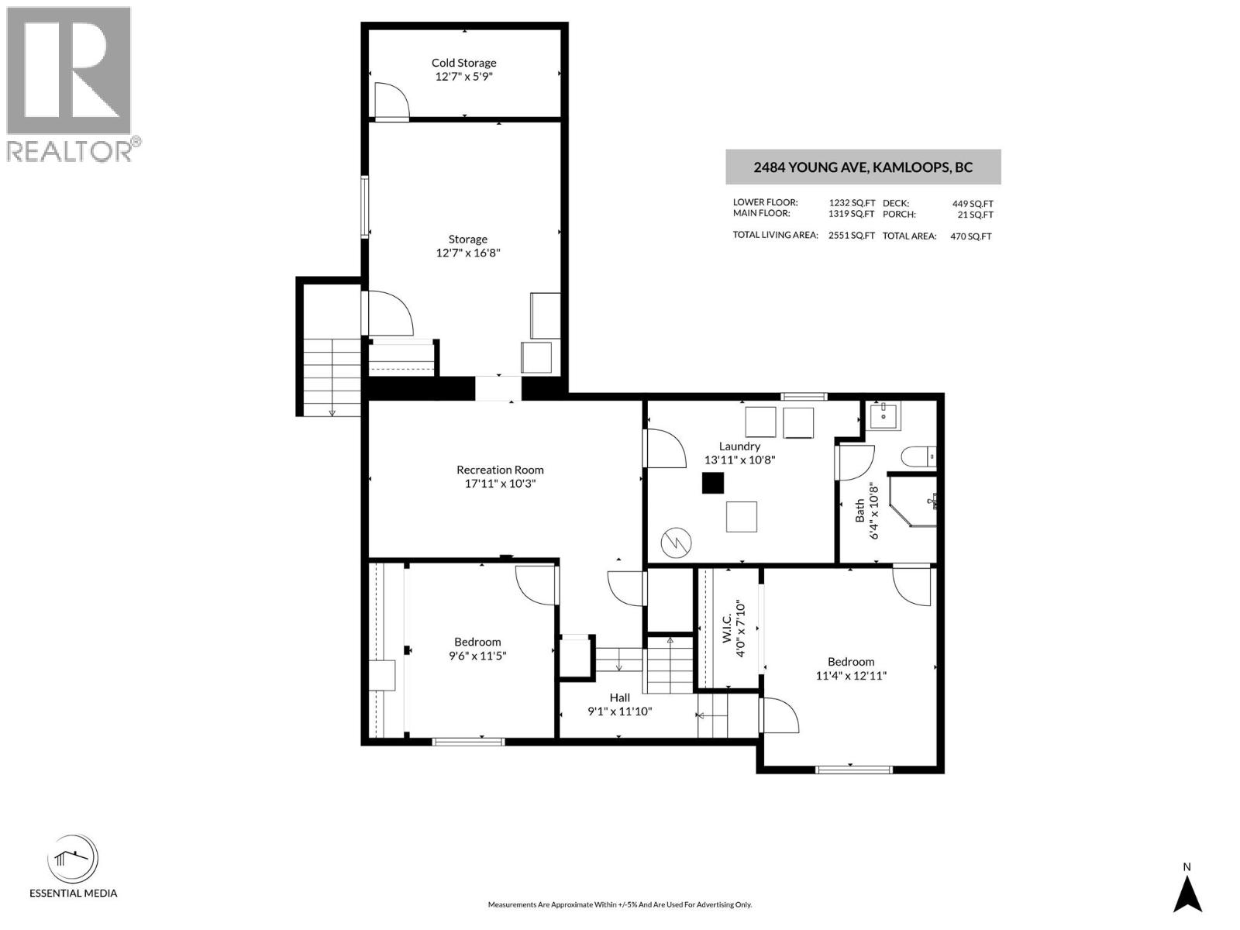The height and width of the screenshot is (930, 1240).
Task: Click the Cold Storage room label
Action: click(463, 63)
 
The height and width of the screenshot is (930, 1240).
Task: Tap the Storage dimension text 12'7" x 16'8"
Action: click(468, 253)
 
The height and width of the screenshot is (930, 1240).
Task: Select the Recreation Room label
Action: click(500, 470)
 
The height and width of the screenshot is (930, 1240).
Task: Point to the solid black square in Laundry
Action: click(713, 483)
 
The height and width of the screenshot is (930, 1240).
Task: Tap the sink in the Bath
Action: click(883, 416)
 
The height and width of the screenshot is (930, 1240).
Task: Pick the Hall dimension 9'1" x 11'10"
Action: click(619, 711)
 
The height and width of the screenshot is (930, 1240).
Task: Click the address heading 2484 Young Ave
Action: click(863, 167)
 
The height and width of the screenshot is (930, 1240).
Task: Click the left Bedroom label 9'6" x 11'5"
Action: click(477, 649)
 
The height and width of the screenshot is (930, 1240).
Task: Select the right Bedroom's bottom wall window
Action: click(854, 770)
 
